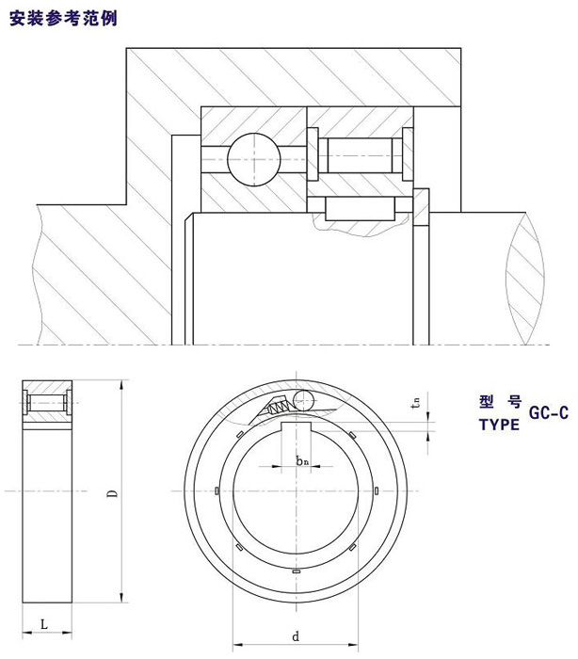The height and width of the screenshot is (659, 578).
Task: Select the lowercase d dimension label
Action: tap(296, 636)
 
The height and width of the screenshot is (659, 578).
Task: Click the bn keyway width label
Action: tap(301, 460)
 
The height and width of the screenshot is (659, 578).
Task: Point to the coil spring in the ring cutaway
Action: tap(280, 407)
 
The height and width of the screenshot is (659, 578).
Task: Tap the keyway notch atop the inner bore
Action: tap(296, 429)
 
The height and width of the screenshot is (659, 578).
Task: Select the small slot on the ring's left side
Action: tap(217, 491)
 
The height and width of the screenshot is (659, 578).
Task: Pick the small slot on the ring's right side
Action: tap(374, 491)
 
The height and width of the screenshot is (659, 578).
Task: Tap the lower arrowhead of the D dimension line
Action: tap(122, 597)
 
